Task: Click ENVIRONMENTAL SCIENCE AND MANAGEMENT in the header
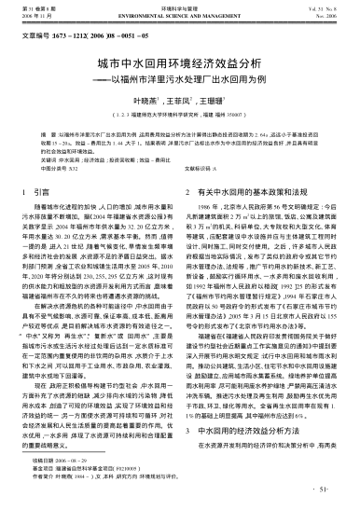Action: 181,16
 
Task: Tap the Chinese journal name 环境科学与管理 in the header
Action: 180,8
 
